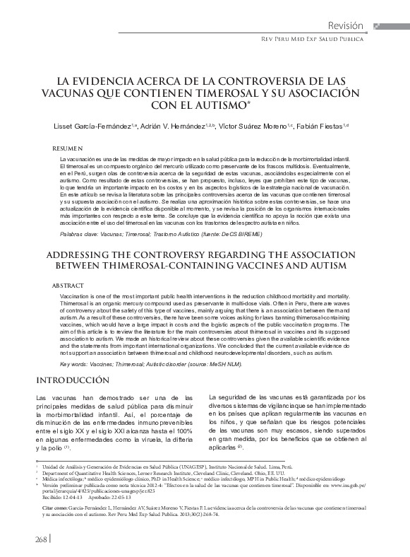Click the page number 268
click(x=37, y=539)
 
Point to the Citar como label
click(x=54, y=508)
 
